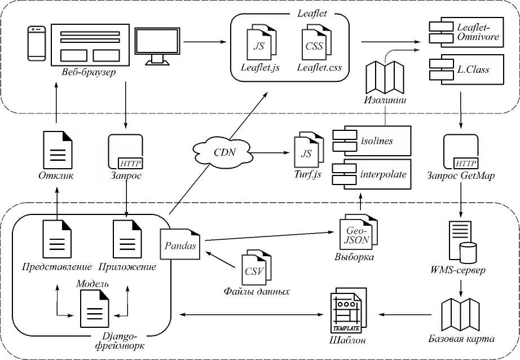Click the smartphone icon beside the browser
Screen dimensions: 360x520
[37, 43]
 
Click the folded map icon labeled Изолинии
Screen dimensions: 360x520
[386, 78]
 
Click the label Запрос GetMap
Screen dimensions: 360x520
[461, 175]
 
